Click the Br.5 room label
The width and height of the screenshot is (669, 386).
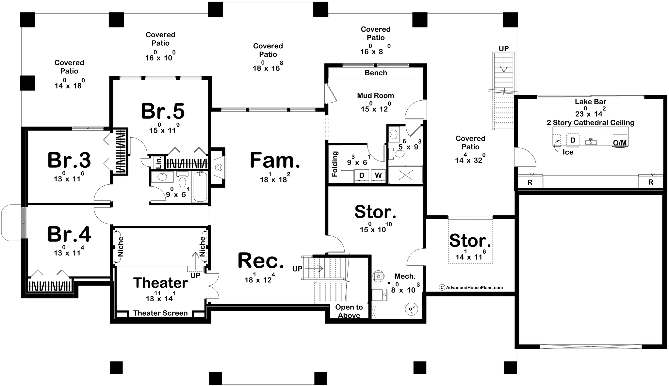163,111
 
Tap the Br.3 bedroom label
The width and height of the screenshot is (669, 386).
69,160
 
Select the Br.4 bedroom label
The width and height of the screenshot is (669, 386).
69,234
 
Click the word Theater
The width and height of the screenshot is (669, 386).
160,283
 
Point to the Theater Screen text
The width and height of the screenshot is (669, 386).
160,313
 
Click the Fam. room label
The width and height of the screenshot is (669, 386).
275,160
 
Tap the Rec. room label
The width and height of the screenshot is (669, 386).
261,261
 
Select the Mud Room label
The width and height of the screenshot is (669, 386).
375,95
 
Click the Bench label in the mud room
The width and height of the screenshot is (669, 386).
376,73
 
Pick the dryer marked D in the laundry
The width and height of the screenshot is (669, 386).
362,176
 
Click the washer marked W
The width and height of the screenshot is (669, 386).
378,176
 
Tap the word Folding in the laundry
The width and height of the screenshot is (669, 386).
334,164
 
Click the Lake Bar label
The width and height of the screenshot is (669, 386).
590,102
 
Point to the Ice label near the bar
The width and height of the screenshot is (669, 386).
568,152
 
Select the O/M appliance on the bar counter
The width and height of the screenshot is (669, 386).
620,143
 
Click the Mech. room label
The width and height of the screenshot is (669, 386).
405,276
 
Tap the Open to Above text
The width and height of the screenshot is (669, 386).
349,311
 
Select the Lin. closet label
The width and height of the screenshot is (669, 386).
158,163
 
